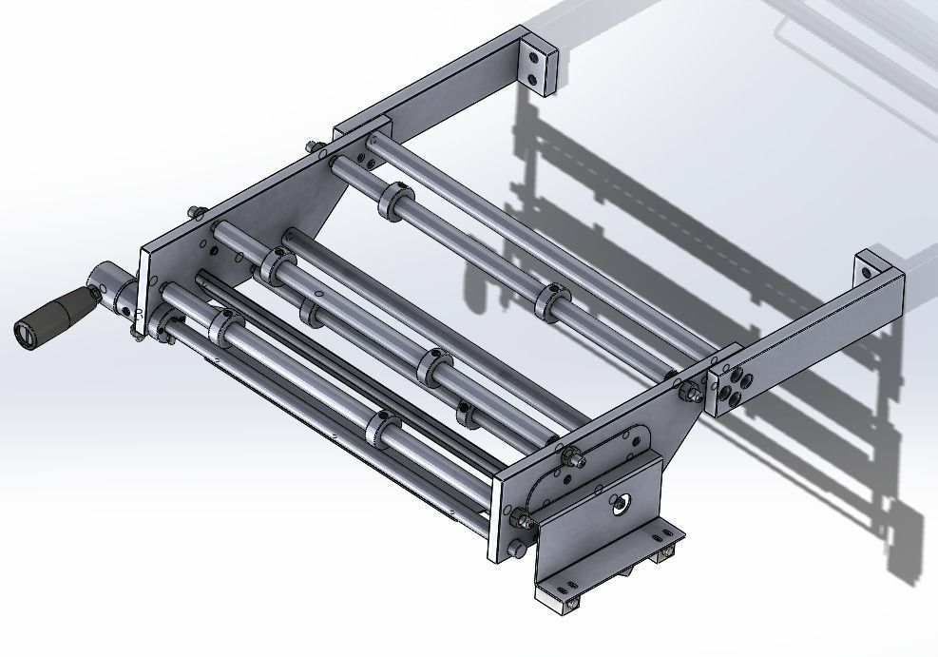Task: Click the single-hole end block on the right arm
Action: pyautogui.click(x=873, y=267)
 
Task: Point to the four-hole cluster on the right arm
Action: pyautogui.click(x=734, y=386)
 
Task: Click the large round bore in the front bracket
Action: pyautogui.click(x=622, y=505)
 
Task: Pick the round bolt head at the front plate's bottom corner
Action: pyautogui.click(x=517, y=550)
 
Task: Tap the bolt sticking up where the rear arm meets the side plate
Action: pyautogui.click(x=313, y=147)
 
